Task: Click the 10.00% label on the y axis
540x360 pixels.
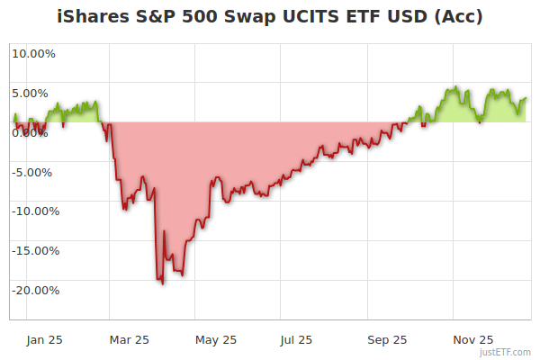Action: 33,53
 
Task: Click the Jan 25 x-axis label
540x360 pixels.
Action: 44,339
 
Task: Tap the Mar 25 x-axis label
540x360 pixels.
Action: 128,339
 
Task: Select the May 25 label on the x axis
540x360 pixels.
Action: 215,339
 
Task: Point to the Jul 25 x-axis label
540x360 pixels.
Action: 296,339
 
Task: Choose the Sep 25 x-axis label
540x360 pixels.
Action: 387,339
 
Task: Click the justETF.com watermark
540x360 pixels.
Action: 505,353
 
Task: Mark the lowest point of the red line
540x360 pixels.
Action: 162,284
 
